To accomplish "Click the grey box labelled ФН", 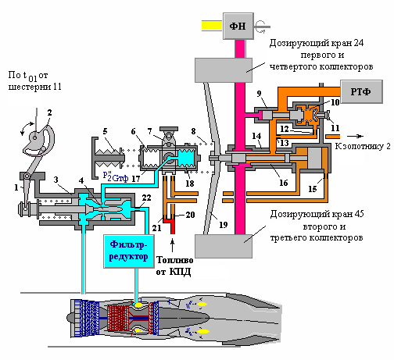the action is (x=238, y=26).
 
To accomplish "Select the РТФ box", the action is (x=361, y=91).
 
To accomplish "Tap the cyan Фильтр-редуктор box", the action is (x=129, y=251).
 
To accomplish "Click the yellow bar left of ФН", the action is (x=212, y=26).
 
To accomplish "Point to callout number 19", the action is (x=224, y=225).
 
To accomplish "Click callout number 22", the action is (x=146, y=198).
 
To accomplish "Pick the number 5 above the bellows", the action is (x=105, y=131).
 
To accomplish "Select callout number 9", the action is (x=259, y=94).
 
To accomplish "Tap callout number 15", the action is (x=313, y=189).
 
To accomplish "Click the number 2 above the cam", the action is (x=49, y=112).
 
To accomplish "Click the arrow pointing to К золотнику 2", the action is (x=356, y=136).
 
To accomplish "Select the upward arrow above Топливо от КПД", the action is (x=172, y=246).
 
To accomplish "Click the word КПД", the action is (x=180, y=272).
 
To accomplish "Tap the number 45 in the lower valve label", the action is (x=359, y=214).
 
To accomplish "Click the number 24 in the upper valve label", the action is (x=359, y=43).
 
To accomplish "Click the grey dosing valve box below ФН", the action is (x=224, y=70).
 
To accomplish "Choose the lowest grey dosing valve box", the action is (x=224, y=246).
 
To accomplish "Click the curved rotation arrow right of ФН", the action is (x=260, y=27).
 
